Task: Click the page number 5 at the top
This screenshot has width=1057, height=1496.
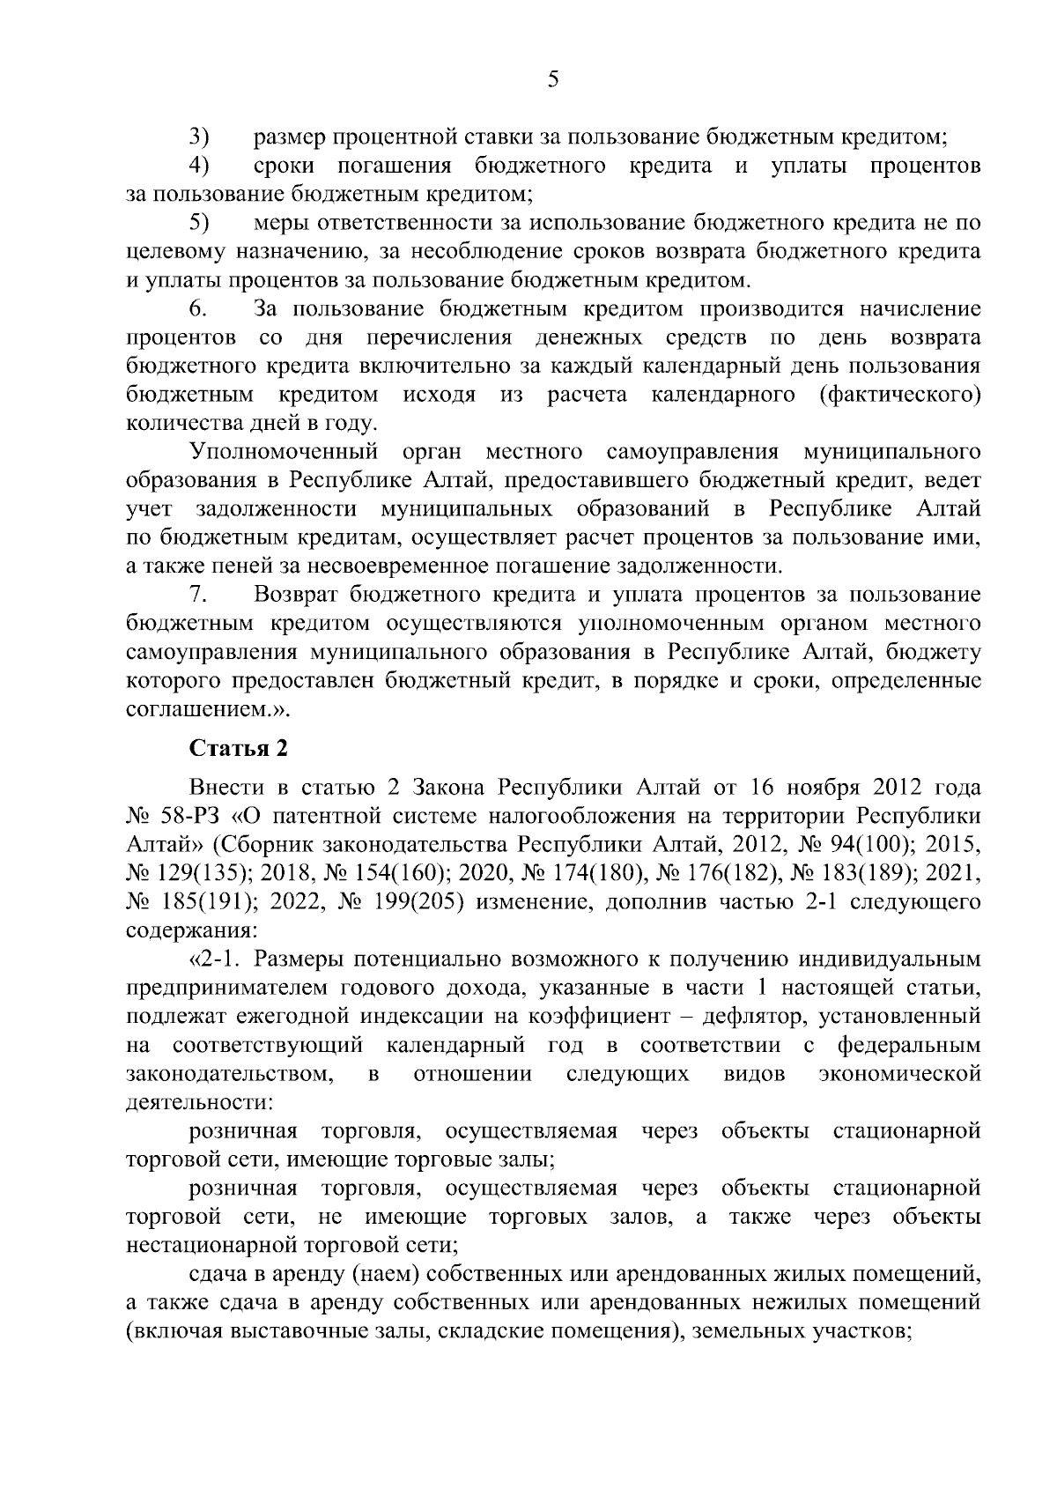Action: pos(552,80)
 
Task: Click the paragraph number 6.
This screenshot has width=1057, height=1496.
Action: pos(198,309)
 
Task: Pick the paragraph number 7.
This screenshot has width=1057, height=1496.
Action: pos(198,595)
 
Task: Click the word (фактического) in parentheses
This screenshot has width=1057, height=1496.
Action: pos(899,395)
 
